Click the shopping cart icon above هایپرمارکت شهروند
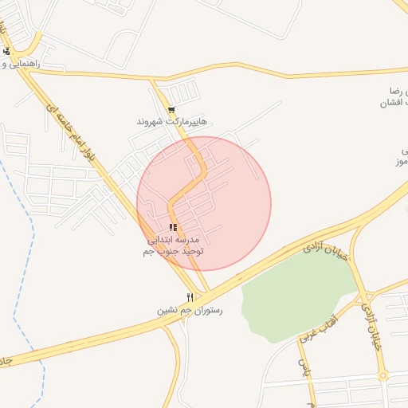pos(172,109)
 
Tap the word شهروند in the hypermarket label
pos(150,122)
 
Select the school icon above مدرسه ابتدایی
pos(173,228)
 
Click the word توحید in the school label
pos(188,251)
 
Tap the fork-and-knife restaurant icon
pos(190,297)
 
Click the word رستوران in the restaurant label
pos(208,309)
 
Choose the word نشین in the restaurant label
pos(163,309)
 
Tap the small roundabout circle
pos(382,375)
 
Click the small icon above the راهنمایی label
pos(7,52)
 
